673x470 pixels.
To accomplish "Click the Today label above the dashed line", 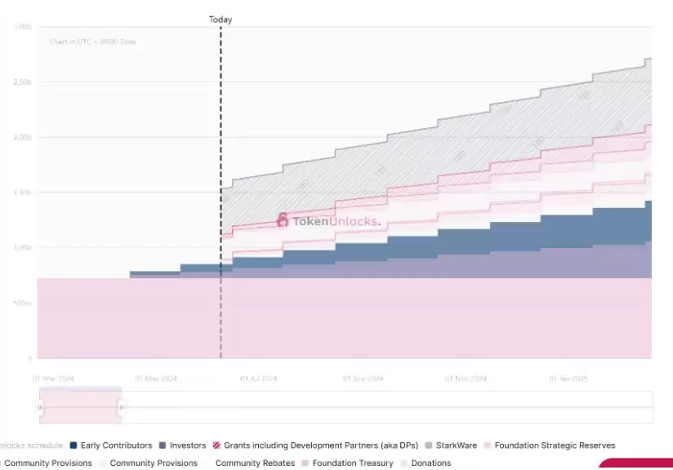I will pos(221,20).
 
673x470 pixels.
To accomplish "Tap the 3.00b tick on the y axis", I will pos(22,27).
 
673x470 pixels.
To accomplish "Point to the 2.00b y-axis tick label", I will pos(22,137).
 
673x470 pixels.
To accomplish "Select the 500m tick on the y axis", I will pos(23,303).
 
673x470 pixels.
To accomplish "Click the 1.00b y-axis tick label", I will pos(22,247).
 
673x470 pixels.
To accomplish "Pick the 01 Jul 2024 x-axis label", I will pos(258,379).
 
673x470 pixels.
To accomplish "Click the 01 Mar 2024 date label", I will pos(53,379).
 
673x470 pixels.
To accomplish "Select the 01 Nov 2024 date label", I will pos(466,379).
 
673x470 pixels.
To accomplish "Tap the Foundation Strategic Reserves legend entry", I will pos(555,446).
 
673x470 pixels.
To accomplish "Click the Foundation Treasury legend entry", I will pos(352,463).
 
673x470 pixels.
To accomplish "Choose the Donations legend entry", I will pos(430,463).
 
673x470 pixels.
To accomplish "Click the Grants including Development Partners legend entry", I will pos(320,446).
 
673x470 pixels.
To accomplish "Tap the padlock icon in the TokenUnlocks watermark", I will pos(283,220).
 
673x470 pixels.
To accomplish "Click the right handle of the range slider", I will pos(121,406).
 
